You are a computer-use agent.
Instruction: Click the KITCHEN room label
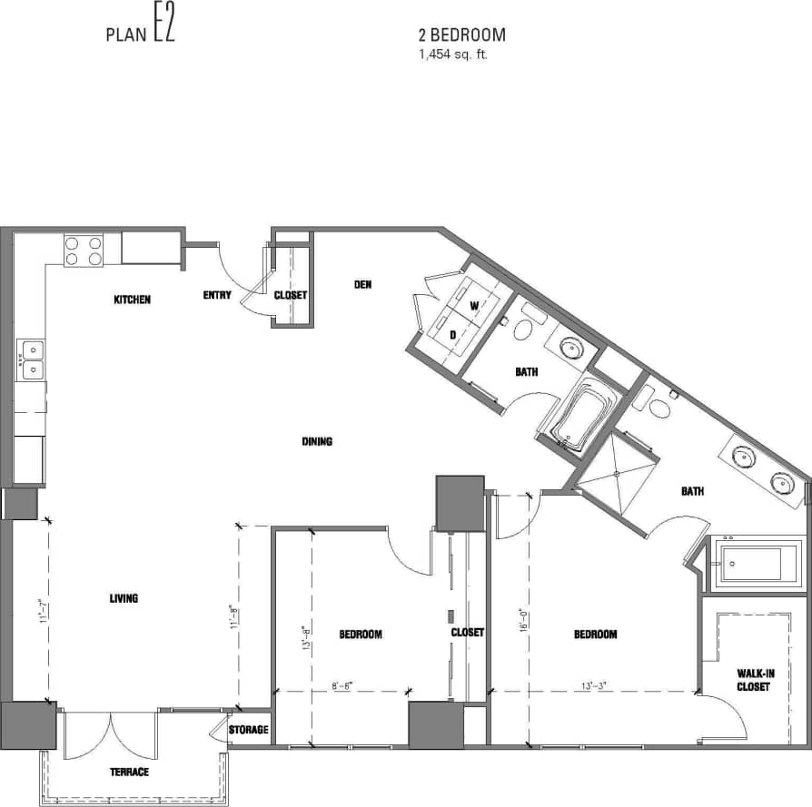(x=132, y=300)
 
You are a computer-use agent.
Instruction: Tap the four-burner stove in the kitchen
(x=83, y=250)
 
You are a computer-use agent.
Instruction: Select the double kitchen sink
(x=31, y=359)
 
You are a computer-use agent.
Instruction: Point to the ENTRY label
(x=216, y=295)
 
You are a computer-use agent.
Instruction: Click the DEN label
(x=362, y=285)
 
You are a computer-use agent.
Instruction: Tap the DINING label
(x=317, y=442)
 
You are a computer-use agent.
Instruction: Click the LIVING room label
(x=124, y=598)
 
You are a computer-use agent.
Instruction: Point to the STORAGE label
(x=248, y=730)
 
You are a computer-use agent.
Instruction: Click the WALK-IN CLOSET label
(x=753, y=680)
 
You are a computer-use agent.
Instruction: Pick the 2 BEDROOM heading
(x=461, y=35)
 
